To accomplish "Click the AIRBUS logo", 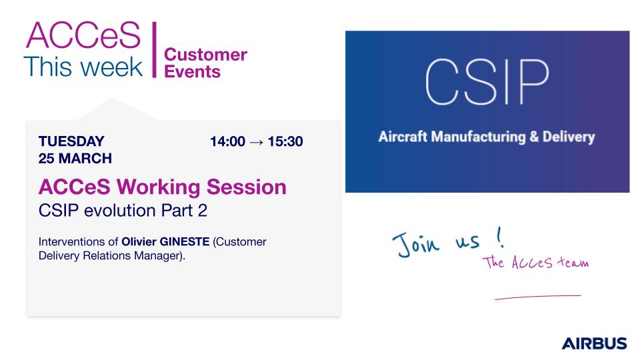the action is (594, 343).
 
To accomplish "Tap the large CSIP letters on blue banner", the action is (487, 82).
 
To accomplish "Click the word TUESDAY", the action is (71, 141).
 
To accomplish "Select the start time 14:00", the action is (227, 141).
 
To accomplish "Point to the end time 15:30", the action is (285, 141).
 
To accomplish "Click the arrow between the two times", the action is (256, 142).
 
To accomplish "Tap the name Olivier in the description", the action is (139, 241).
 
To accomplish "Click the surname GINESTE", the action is (185, 241).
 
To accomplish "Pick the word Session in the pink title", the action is (247, 187).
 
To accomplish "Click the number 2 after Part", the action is (203, 211).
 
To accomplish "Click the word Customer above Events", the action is (206, 55).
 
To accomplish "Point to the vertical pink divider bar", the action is (154, 49).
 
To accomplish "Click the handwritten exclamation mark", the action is (499, 237).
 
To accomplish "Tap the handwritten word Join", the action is (416, 244).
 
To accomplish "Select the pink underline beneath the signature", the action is (538, 297).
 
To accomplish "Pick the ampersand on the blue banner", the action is (534, 136).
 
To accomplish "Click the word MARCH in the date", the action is (85, 159).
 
